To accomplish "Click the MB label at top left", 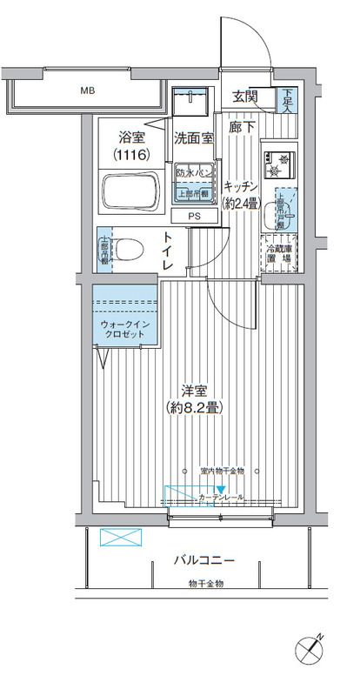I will click(88, 90).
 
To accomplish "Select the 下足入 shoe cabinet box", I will click(287, 100).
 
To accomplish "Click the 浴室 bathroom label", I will click(133, 137).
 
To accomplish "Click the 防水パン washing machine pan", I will click(192, 180).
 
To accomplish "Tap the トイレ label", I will click(167, 250).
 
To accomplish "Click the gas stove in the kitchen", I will click(283, 159).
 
